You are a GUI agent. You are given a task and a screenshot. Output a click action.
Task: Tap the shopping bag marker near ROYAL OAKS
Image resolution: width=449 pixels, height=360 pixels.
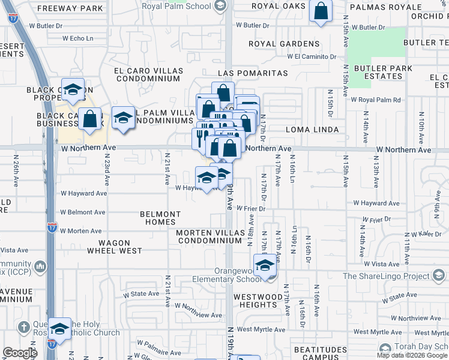[x=321, y=11]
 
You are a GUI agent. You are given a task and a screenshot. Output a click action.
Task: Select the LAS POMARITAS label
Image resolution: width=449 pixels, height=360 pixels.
[x=253, y=73]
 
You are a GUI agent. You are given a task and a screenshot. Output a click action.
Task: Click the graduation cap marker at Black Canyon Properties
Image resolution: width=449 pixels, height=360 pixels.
[x=73, y=90]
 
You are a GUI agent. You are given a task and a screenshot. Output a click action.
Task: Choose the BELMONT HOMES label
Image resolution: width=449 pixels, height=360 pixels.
[x=160, y=218]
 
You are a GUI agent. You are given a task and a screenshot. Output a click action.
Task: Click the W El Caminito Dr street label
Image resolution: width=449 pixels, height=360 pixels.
[x=312, y=56]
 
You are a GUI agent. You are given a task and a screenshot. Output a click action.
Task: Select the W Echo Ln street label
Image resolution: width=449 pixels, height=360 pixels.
[x=77, y=38]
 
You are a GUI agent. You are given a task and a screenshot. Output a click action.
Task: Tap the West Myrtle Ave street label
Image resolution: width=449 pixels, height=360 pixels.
[x=261, y=329]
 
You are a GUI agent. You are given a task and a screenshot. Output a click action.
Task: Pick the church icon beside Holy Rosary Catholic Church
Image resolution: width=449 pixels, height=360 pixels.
[x=23, y=328]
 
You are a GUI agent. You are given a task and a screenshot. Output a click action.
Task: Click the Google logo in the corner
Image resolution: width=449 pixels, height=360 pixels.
[x=20, y=353]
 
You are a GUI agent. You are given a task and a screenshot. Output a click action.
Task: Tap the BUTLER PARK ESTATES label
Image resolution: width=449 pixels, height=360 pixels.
[x=383, y=72]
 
